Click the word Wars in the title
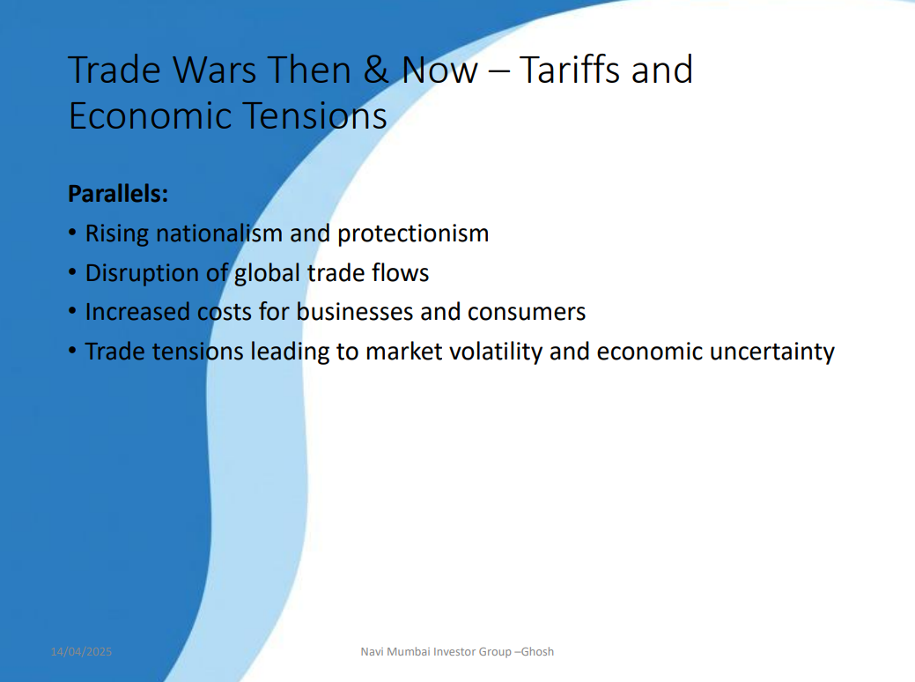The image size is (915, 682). click(x=214, y=70)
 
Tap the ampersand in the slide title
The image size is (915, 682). click(x=377, y=70)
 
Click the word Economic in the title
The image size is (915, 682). click(x=150, y=115)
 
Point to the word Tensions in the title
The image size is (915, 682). click(x=314, y=115)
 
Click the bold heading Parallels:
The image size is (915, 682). click(x=118, y=194)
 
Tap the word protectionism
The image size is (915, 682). click(x=413, y=234)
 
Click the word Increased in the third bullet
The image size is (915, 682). click(x=137, y=312)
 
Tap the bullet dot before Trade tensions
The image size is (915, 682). click(x=72, y=351)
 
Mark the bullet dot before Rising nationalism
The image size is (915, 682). click(x=72, y=233)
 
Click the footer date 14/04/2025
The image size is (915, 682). click(x=81, y=652)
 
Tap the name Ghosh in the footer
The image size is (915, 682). click(x=537, y=652)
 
